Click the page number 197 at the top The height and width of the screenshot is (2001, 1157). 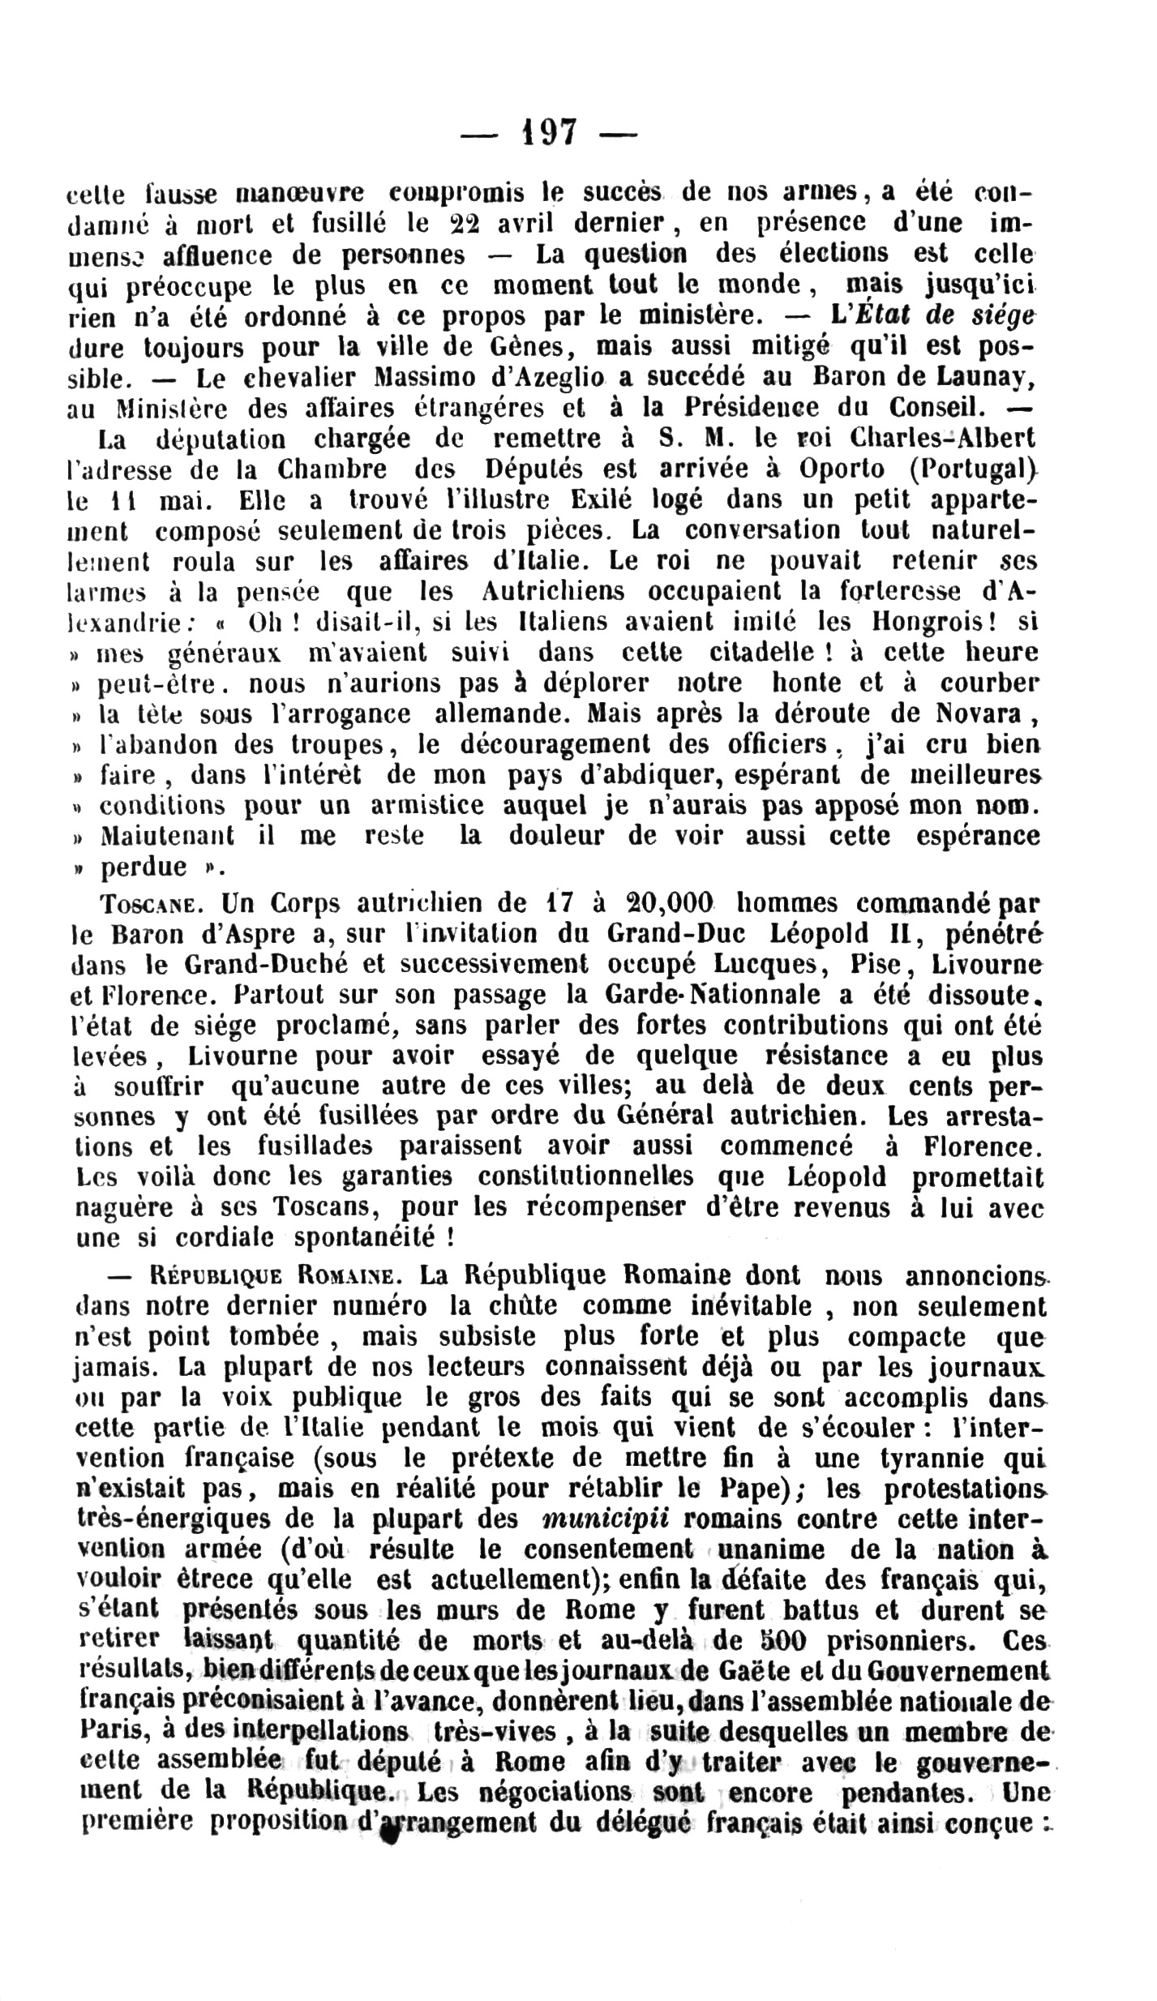coord(549,132)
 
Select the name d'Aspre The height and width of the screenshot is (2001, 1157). coord(248,933)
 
